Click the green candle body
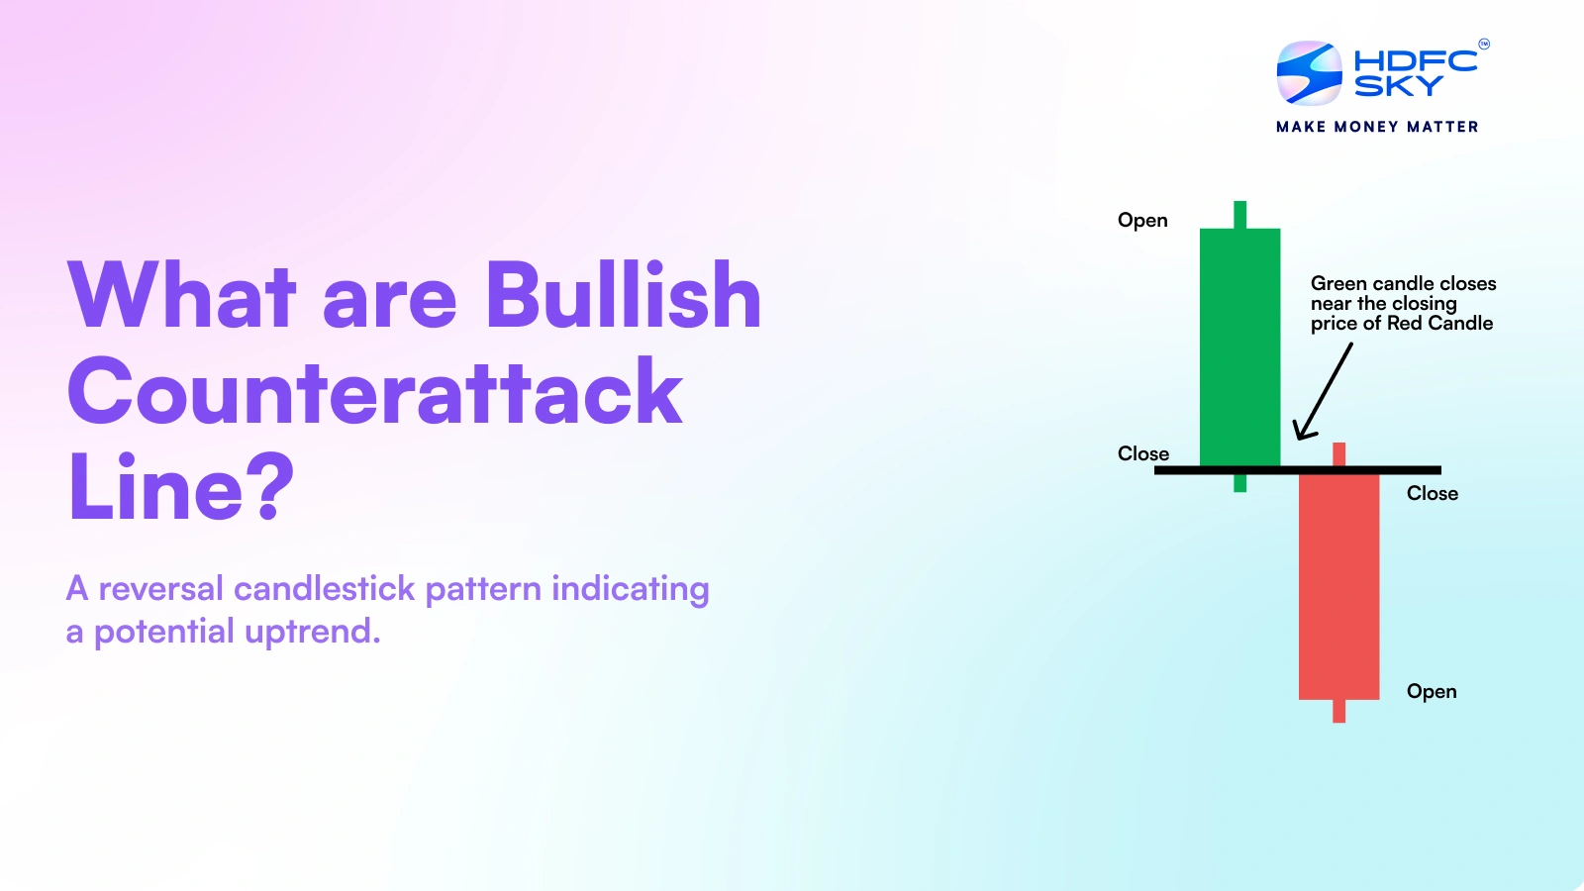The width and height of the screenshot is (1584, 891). coord(1239,346)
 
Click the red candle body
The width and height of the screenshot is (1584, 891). coord(1338,586)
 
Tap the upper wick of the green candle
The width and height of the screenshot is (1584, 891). coord(1239,215)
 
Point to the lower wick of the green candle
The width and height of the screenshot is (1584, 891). coord(1239,483)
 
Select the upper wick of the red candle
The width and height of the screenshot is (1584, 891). coord(1338,453)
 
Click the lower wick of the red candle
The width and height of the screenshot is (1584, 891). coord(1338,711)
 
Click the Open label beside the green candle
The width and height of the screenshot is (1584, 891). coord(1142,220)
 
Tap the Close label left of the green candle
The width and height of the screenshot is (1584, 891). coord(1143,453)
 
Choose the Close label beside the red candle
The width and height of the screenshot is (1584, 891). coord(1432,493)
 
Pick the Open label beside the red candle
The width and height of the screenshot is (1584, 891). coord(1432,691)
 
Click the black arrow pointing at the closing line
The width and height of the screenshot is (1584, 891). coord(1324,392)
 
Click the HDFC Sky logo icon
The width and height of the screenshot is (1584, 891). coord(1309,73)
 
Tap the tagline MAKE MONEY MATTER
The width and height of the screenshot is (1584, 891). coord(1377,127)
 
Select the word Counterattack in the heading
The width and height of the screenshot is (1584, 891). coord(375,392)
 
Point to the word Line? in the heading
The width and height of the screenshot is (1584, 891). coord(181,487)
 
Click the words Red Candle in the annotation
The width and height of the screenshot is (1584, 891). coord(1439,323)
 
